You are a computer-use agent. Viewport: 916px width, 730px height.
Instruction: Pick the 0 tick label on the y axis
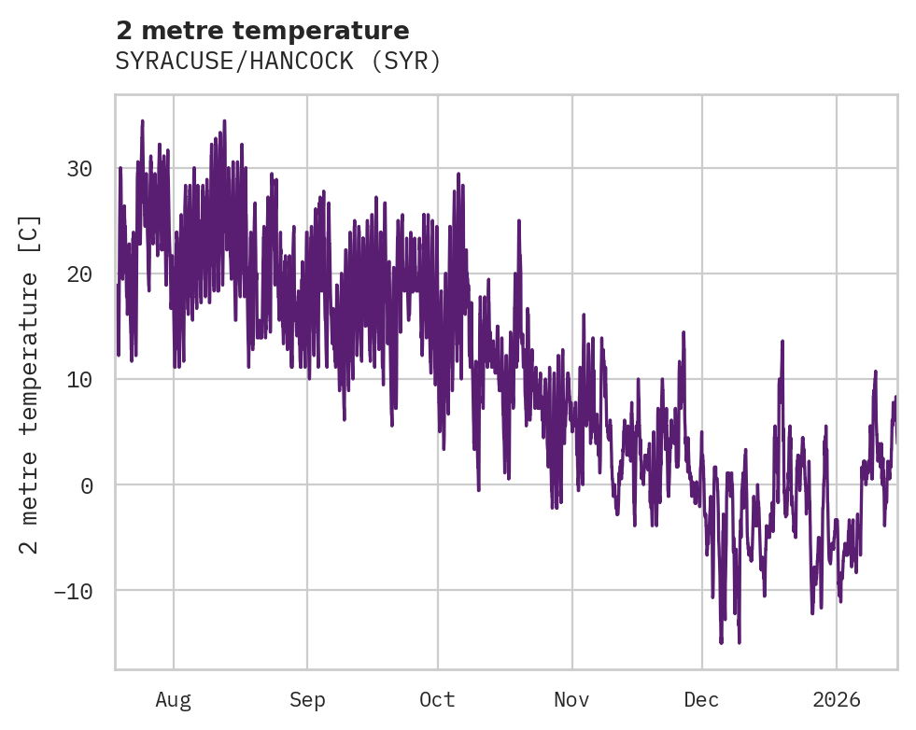coord(86,485)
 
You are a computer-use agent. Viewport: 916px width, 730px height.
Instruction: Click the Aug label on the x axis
coord(173,700)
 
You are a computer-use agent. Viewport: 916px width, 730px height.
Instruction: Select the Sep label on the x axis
coord(306,700)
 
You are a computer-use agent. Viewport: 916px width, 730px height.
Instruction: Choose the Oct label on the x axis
coord(437,700)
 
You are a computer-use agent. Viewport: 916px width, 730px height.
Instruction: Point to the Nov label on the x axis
coord(571,700)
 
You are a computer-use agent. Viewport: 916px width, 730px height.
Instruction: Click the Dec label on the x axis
coord(701,700)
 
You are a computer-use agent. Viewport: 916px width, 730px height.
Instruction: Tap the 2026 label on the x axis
coord(837,700)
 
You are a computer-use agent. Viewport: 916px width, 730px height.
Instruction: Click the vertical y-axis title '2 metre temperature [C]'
coord(31,384)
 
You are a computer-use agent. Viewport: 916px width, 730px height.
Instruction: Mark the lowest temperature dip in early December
coord(721,641)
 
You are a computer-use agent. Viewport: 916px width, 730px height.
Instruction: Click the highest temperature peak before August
coord(142,121)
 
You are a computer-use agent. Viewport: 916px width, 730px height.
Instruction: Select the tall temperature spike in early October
coord(458,174)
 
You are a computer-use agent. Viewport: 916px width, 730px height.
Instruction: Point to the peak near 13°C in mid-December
coord(782,342)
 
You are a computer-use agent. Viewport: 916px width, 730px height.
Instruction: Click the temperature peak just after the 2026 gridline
coord(876,372)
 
